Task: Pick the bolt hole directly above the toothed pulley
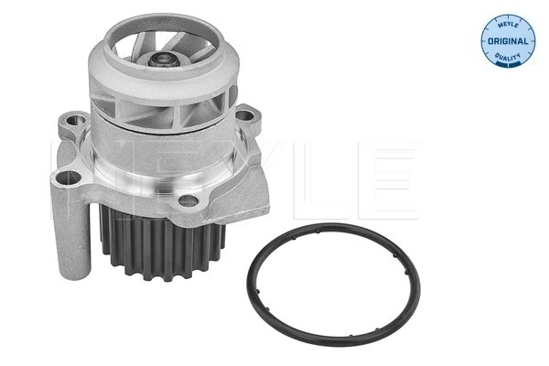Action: tap(188, 200)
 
